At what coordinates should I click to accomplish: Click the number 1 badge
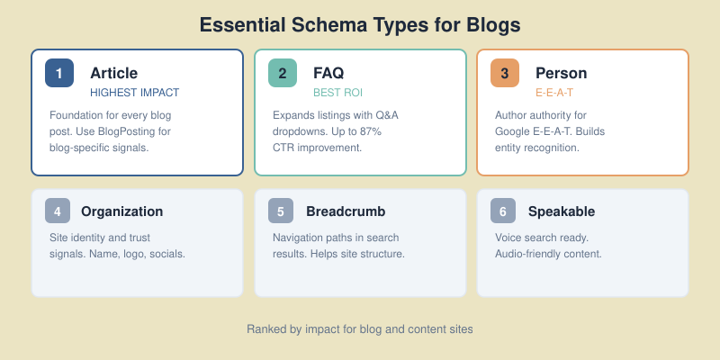59,73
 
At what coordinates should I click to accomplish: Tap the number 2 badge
283,73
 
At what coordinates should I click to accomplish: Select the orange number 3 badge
505,73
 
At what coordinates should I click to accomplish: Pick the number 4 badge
58,211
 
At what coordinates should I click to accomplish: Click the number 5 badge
281,211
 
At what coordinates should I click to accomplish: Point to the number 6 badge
503,211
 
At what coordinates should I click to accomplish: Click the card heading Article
113,73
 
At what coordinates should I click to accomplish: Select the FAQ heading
328,73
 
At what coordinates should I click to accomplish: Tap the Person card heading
561,73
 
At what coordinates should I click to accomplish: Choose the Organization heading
121,211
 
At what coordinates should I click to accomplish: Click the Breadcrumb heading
346,211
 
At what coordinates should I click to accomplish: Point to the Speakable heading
562,211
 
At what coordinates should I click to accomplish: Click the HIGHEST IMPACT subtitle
135,93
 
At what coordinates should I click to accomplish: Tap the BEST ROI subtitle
337,93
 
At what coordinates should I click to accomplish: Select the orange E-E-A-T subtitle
554,93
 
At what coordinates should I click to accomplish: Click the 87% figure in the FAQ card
370,131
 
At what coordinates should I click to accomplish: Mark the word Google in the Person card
514,131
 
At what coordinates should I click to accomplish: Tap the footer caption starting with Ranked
360,329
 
